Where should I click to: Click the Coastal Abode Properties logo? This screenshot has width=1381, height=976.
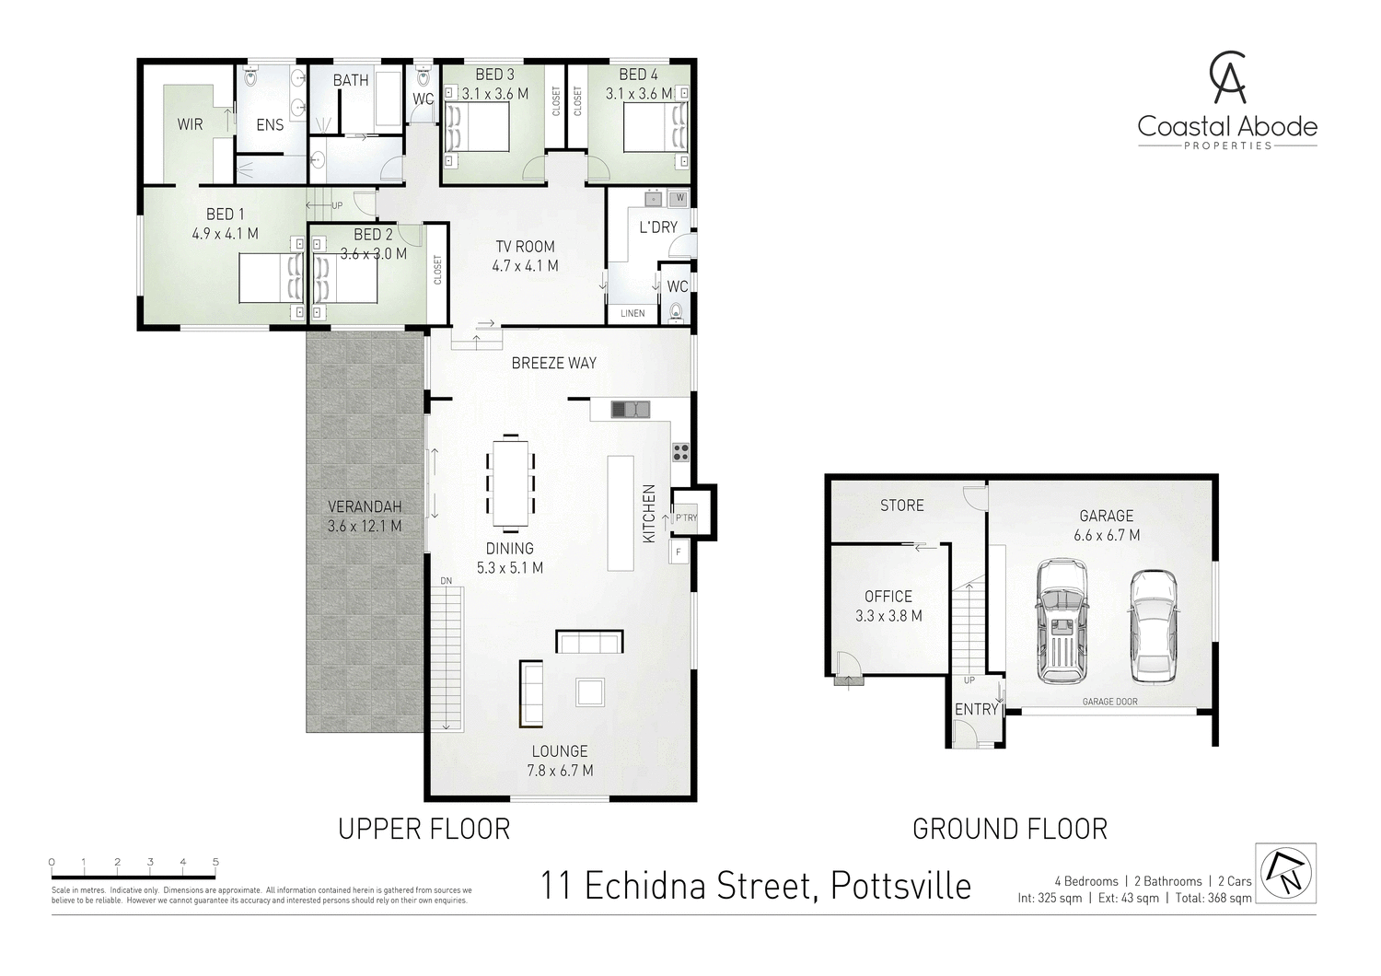click(x=1227, y=101)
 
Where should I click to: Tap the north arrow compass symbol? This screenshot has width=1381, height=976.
click(x=1285, y=873)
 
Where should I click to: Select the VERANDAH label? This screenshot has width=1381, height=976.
click(x=365, y=507)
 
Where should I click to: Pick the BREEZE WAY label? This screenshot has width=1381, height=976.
click(x=553, y=363)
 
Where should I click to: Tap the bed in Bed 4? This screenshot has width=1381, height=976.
click(x=655, y=126)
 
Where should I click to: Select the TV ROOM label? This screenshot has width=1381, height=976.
click(x=525, y=246)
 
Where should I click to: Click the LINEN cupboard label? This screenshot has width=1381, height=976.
click(x=632, y=313)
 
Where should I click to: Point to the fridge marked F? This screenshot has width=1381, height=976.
click(x=679, y=552)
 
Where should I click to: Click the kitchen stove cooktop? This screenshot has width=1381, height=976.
click(x=680, y=452)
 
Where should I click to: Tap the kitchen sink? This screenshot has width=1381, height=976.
click(x=630, y=409)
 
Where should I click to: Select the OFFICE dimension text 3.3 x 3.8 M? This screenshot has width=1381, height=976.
click(x=888, y=616)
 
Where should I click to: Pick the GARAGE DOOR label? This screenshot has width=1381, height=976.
click(x=1109, y=702)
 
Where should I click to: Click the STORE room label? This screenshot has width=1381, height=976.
click(x=901, y=505)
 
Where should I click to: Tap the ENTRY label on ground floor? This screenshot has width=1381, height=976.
click(x=976, y=709)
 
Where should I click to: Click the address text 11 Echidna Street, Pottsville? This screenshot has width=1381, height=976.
click(x=755, y=886)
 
